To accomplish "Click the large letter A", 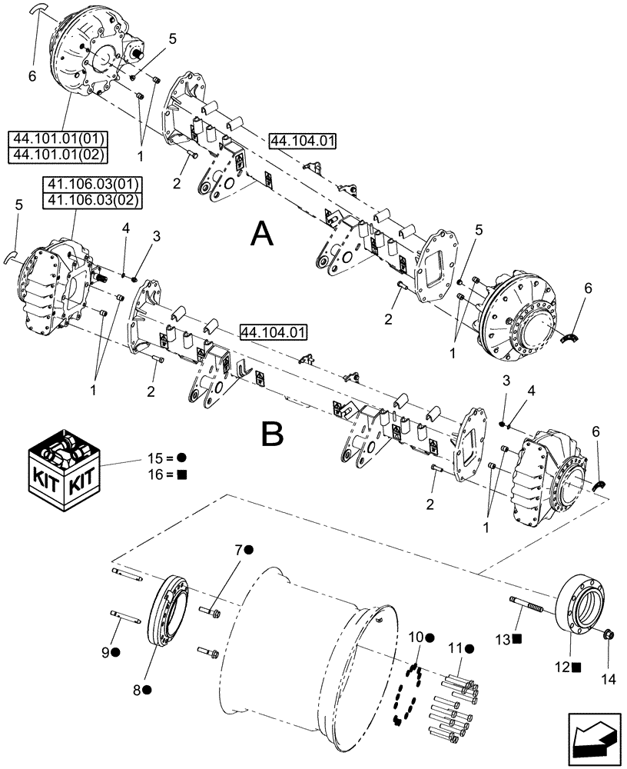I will [262, 231].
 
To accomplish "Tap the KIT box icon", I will [64, 466].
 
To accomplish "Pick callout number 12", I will [568, 667].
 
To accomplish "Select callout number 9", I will [114, 651].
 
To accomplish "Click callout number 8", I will [138, 690].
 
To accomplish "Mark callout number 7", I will [238, 550].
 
